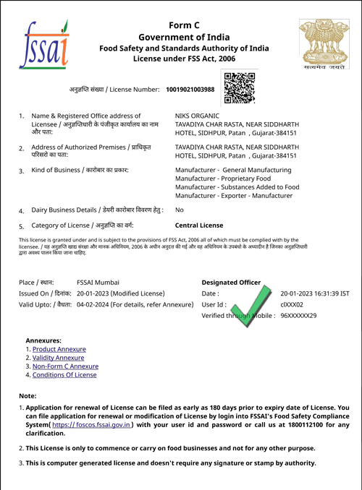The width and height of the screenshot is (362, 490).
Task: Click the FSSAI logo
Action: coord(44,44)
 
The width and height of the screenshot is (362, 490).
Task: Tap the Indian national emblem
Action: coord(324,44)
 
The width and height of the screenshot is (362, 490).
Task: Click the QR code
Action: coord(240,88)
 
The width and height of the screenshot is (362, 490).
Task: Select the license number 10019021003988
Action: coord(190,90)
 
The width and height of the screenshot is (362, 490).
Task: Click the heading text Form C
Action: coord(184,25)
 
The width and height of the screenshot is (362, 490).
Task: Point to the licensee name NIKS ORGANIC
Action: coord(197,116)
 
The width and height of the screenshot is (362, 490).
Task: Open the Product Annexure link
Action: coord(59,349)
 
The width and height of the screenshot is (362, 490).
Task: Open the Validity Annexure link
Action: coord(58,358)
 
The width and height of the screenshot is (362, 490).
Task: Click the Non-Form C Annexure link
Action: coord(65,366)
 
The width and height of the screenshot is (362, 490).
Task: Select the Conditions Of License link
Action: coord(64,374)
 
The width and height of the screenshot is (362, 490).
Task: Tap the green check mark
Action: coord(253,306)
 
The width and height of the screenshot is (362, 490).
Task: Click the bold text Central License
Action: coord(199,225)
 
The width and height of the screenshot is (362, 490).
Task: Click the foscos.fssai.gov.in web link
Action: coord(91,425)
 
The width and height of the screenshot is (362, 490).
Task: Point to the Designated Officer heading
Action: coord(231,283)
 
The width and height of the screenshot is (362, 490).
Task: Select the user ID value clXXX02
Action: coord(292,305)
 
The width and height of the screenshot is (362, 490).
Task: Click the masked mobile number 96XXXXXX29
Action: coord(298,316)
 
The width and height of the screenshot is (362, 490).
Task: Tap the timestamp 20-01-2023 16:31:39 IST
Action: coord(315,293)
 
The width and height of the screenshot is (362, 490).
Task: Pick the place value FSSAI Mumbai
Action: coord(98,283)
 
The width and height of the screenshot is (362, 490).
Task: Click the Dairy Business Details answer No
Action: coord(180,210)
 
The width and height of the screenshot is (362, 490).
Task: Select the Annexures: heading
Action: coord(43,340)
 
